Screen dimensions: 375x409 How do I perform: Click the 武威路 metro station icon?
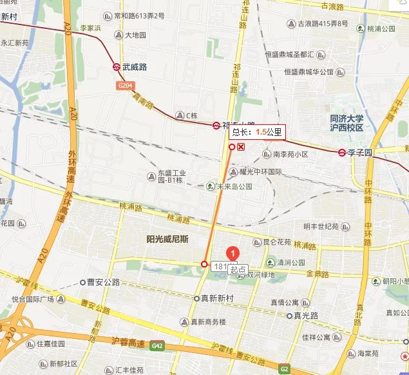[x=116, y=66]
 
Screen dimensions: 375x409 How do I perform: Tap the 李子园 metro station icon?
[x=342, y=153]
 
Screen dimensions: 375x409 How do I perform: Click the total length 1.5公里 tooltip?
[x=257, y=132]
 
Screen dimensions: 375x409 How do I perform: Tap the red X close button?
[x=241, y=147]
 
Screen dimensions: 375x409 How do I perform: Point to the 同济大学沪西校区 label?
[x=347, y=123]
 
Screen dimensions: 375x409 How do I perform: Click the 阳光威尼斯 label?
[x=167, y=239]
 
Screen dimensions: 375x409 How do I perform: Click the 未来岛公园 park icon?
[x=210, y=187]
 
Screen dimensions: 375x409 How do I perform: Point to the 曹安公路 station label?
[x=104, y=282]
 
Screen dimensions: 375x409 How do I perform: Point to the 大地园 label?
[x=135, y=35]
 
